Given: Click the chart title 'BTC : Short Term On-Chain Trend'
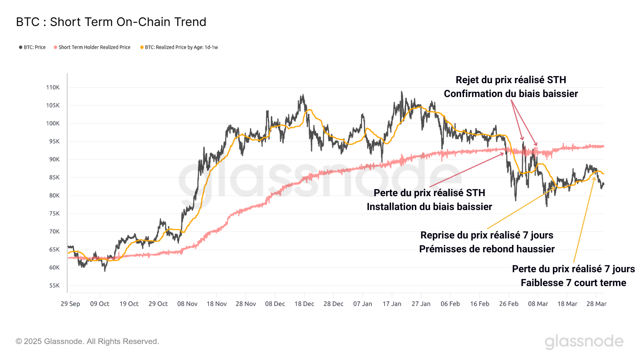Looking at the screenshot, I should (x=111, y=22).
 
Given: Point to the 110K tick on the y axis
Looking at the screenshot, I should (x=53, y=87).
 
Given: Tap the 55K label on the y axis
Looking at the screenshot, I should (x=54, y=285).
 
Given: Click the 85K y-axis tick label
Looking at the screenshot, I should (x=54, y=177).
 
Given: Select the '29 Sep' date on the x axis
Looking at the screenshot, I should (x=70, y=304).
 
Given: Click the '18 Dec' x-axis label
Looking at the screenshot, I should (x=304, y=304).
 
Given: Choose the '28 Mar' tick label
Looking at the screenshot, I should (x=596, y=304).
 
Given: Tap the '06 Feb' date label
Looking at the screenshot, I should (x=450, y=304).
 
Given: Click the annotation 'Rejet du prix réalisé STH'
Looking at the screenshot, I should (x=511, y=80).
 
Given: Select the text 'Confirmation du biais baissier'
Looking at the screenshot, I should (x=511, y=94).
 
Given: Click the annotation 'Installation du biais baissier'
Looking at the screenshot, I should (x=429, y=207).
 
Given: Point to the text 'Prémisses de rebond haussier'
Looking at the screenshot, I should (x=487, y=249).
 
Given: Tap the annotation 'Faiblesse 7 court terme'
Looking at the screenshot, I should (x=573, y=283).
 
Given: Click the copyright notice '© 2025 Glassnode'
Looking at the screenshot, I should (x=87, y=341).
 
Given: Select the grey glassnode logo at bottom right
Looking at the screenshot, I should (x=584, y=342).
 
